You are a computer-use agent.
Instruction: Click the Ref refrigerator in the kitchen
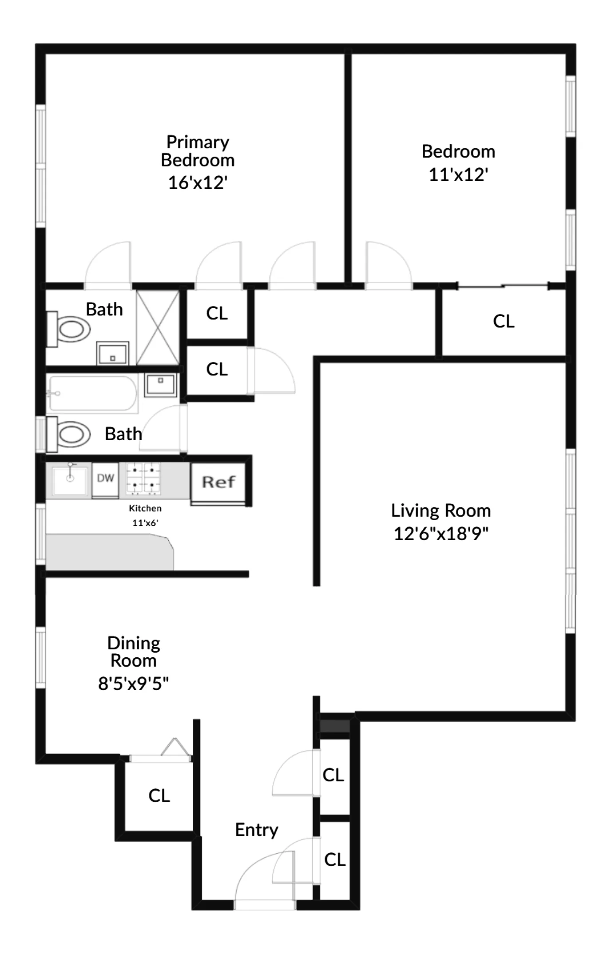click(218, 482)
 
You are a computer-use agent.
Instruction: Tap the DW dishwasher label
click(105, 478)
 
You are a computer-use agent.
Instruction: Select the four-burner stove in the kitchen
click(143, 478)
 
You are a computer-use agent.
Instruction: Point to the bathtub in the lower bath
click(92, 393)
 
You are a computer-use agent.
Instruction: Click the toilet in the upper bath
click(71, 329)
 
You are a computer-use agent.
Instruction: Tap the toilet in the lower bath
click(71, 434)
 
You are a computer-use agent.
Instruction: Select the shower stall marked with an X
click(158, 328)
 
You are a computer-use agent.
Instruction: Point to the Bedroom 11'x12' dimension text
click(458, 175)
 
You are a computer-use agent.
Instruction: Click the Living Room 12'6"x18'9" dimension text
click(441, 533)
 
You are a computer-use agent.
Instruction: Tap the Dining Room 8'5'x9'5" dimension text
click(133, 684)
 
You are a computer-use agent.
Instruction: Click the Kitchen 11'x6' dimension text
click(145, 523)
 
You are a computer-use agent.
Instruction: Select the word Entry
click(257, 829)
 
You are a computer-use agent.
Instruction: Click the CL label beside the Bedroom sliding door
click(504, 321)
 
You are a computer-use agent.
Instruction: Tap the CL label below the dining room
click(159, 795)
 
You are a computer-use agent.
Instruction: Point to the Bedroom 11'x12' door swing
click(387, 264)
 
